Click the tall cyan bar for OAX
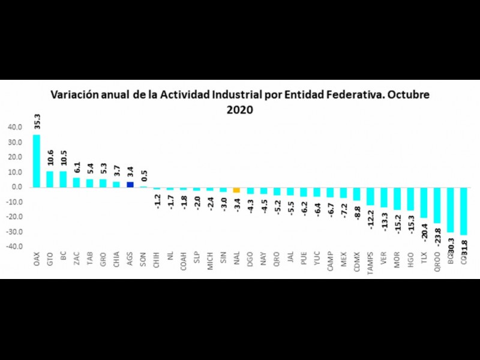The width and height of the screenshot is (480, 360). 37,161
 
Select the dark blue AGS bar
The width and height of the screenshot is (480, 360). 130,184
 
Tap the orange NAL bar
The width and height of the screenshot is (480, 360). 236,190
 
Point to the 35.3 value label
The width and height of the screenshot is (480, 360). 37,122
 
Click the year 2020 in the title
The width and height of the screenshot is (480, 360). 239,110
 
